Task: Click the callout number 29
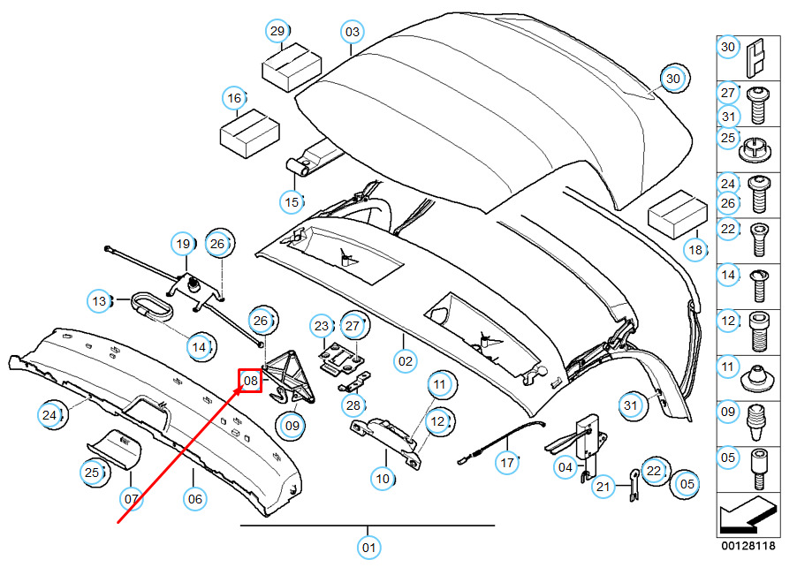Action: pyautogui.click(x=277, y=31)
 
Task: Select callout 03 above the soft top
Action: pyautogui.click(x=352, y=32)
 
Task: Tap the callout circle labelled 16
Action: pyautogui.click(x=234, y=98)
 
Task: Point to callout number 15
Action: pyautogui.click(x=292, y=202)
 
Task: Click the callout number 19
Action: pyautogui.click(x=183, y=244)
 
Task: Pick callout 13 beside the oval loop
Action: pyautogui.click(x=99, y=301)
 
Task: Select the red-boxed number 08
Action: pyautogui.click(x=251, y=381)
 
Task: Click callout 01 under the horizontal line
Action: pyautogui.click(x=368, y=548)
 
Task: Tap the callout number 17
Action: pyautogui.click(x=507, y=463)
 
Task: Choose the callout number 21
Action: pyautogui.click(x=603, y=487)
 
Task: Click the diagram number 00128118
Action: pyautogui.click(x=748, y=546)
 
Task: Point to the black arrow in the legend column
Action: pyautogui.click(x=748, y=514)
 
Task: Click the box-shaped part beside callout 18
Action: pyautogui.click(x=678, y=214)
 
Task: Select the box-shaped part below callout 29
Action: pyautogui.click(x=292, y=67)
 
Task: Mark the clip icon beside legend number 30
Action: pyautogui.click(x=755, y=58)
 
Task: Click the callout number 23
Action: pyautogui.click(x=322, y=326)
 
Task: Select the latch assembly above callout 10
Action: pyautogui.click(x=386, y=441)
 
